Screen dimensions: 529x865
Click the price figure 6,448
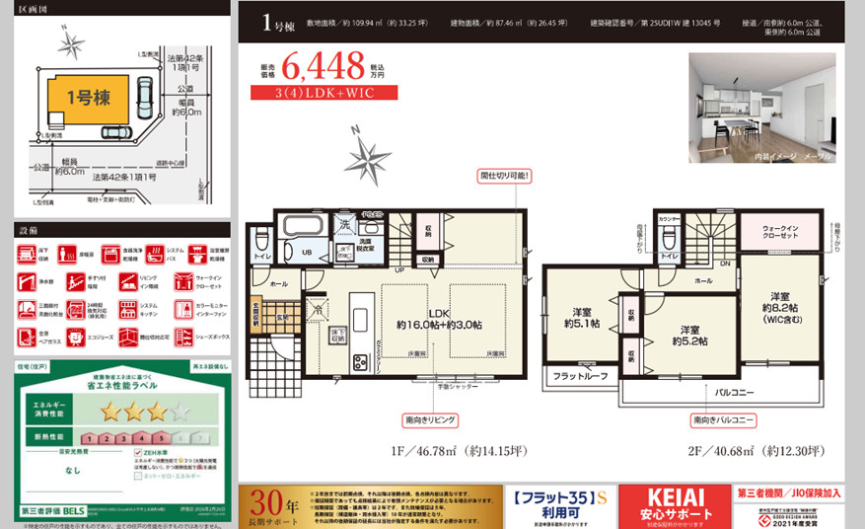(x=323, y=67)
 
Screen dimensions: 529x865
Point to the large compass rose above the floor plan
(x=366, y=157)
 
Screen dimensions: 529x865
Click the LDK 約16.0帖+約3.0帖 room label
(x=439, y=318)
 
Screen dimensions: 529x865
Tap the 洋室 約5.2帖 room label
(x=690, y=335)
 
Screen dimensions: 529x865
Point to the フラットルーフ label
(x=580, y=375)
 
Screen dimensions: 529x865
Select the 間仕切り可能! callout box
(x=505, y=176)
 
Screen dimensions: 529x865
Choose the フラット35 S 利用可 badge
(x=559, y=506)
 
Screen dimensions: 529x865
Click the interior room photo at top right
(x=761, y=108)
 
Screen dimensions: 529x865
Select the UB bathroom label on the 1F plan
(x=307, y=253)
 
